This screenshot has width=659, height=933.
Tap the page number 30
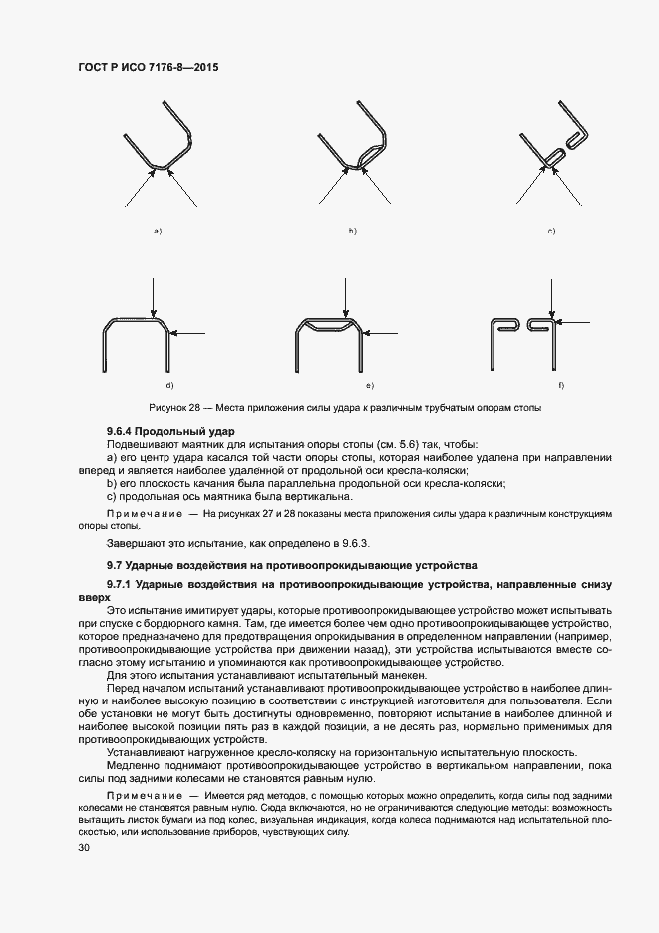[x=83, y=848]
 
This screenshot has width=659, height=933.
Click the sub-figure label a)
[x=157, y=232]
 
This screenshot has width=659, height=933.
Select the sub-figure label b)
[x=352, y=232]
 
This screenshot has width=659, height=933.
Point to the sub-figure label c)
[x=551, y=232]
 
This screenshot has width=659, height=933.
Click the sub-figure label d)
[x=169, y=385]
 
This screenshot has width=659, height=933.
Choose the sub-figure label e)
[x=369, y=385]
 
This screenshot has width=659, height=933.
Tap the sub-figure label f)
[x=561, y=385]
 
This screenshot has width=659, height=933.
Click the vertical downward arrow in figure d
[x=151, y=299]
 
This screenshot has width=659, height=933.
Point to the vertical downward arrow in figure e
[x=344, y=299]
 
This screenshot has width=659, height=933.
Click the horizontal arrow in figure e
[x=385, y=333]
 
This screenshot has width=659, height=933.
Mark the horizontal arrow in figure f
[x=578, y=321]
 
